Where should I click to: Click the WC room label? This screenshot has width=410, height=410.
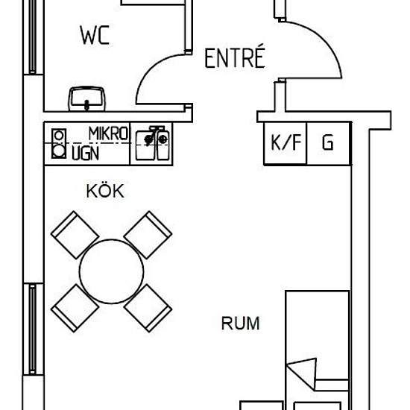pyautogui.click(x=95, y=35)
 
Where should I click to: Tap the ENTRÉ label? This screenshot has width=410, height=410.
pyautogui.click(x=235, y=57)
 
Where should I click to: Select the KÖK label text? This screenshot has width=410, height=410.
pyautogui.click(x=105, y=191)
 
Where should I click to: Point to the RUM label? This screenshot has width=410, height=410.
pyautogui.click(x=241, y=324)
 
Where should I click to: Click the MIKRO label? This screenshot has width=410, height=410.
pyautogui.click(x=108, y=133)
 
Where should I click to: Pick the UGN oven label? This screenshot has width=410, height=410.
pyautogui.click(x=86, y=154)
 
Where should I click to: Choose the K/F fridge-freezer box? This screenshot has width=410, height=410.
pyautogui.click(x=286, y=144)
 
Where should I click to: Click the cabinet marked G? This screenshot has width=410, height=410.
pyautogui.click(x=329, y=144)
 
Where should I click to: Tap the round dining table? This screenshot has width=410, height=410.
pyautogui.click(x=111, y=271)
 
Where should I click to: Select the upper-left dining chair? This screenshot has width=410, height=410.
pyautogui.click(x=75, y=235)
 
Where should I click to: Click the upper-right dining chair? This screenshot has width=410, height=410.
pyautogui.click(x=148, y=235)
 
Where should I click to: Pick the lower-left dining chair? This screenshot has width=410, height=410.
pyautogui.click(x=75, y=308)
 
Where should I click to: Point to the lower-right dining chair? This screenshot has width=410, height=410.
pyautogui.click(x=148, y=308)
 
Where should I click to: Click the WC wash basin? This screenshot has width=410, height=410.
pyautogui.click(x=86, y=99)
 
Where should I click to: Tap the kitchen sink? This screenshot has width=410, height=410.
pyautogui.click(x=152, y=143)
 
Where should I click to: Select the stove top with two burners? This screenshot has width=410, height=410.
pyautogui.click(x=59, y=144)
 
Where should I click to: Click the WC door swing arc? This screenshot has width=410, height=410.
pyautogui.click(x=148, y=69)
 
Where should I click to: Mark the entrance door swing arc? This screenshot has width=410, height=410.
pyautogui.click(x=325, y=40)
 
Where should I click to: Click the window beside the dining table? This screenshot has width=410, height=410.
pyautogui.click(x=33, y=329)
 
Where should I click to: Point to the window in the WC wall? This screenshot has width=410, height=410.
pyautogui.click(x=33, y=37)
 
